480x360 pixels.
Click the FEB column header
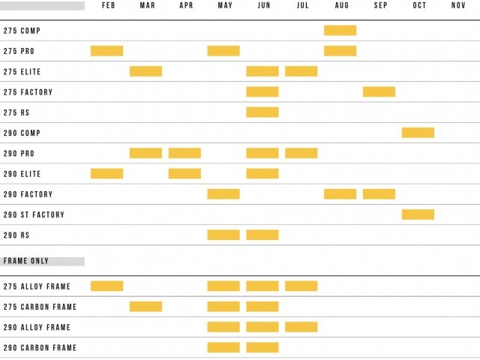point(108,6)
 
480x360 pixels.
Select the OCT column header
point(419,6)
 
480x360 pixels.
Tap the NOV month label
point(458,6)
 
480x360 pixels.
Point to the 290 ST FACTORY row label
point(34,215)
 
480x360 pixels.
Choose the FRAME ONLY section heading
point(26,262)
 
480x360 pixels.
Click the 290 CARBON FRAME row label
point(40,348)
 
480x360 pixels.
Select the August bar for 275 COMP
point(340,31)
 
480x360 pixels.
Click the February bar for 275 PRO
point(106,51)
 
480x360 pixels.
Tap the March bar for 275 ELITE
point(145,71)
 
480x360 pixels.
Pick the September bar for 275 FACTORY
point(379,91)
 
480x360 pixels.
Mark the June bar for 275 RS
point(262,112)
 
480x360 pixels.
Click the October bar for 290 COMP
point(418,133)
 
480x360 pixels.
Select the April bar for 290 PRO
point(184,153)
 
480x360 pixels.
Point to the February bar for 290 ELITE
point(106,173)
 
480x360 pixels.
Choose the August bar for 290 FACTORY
point(340,194)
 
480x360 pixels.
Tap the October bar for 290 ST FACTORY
point(418,214)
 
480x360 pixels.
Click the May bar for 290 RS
point(223,235)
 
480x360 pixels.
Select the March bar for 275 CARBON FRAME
point(145,307)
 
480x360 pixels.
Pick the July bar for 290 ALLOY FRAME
point(301,327)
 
